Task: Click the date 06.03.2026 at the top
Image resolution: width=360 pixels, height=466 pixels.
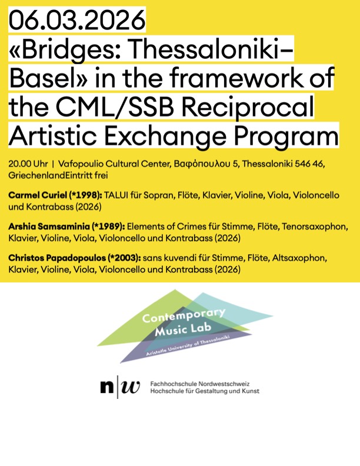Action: click(x=77, y=21)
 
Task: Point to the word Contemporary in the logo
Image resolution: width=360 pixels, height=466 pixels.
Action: click(x=184, y=317)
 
